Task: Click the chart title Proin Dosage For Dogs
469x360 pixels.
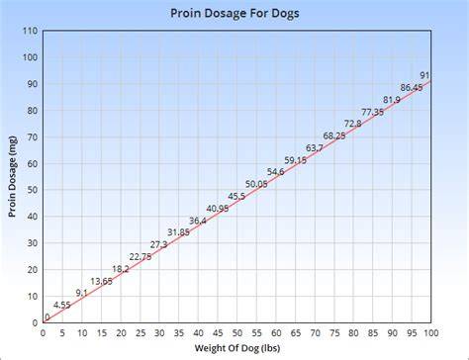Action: [234, 14]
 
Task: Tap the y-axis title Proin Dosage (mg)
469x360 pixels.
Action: [12, 176]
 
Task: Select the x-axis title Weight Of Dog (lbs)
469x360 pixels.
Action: [237, 348]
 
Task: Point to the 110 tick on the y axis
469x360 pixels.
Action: [31, 31]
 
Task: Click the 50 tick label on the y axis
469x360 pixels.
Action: [33, 190]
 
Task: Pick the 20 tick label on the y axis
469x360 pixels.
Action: [33, 270]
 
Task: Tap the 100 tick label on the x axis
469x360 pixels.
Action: [430, 333]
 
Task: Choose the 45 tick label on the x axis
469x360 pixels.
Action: [218, 333]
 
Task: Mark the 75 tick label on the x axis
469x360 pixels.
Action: [334, 333]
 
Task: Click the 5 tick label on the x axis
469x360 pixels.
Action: [62, 333]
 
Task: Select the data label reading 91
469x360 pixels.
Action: [424, 75]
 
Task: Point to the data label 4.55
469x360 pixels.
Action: [62, 306]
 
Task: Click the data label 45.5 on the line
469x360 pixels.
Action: [236, 197]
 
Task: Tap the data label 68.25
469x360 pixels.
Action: [334, 135]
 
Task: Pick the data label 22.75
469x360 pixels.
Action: [141, 257]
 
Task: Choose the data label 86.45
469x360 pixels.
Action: [412, 88]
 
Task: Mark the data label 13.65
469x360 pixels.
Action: [101, 281]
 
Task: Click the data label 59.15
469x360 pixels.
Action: [296, 160]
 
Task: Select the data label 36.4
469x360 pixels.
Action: [198, 221]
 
